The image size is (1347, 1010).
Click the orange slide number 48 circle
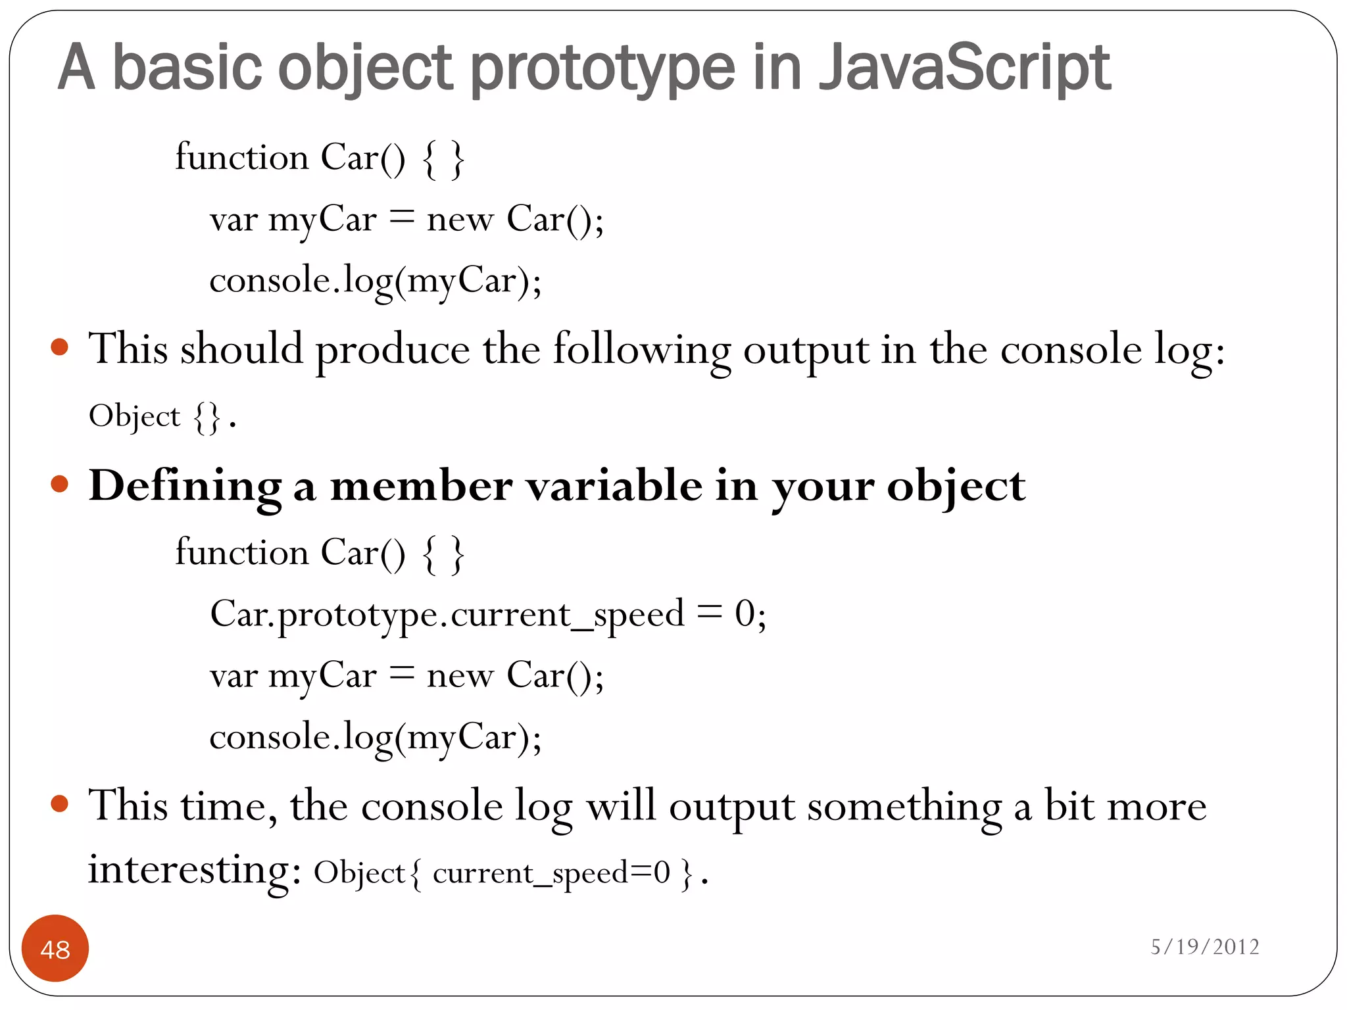(x=55, y=948)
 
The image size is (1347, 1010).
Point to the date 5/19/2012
(x=1205, y=947)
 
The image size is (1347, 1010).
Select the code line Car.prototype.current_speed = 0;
(x=488, y=614)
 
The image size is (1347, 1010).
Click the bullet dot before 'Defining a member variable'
(x=60, y=485)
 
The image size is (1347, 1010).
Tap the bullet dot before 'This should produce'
(x=60, y=347)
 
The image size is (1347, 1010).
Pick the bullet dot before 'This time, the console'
(x=60, y=803)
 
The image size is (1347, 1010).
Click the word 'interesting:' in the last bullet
(x=195, y=870)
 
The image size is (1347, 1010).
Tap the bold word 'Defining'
(x=185, y=487)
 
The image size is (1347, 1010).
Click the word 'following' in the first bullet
(x=641, y=350)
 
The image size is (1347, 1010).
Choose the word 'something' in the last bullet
(x=904, y=807)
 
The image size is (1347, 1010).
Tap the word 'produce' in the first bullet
(x=393, y=350)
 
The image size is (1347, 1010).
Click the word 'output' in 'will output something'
(x=731, y=807)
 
